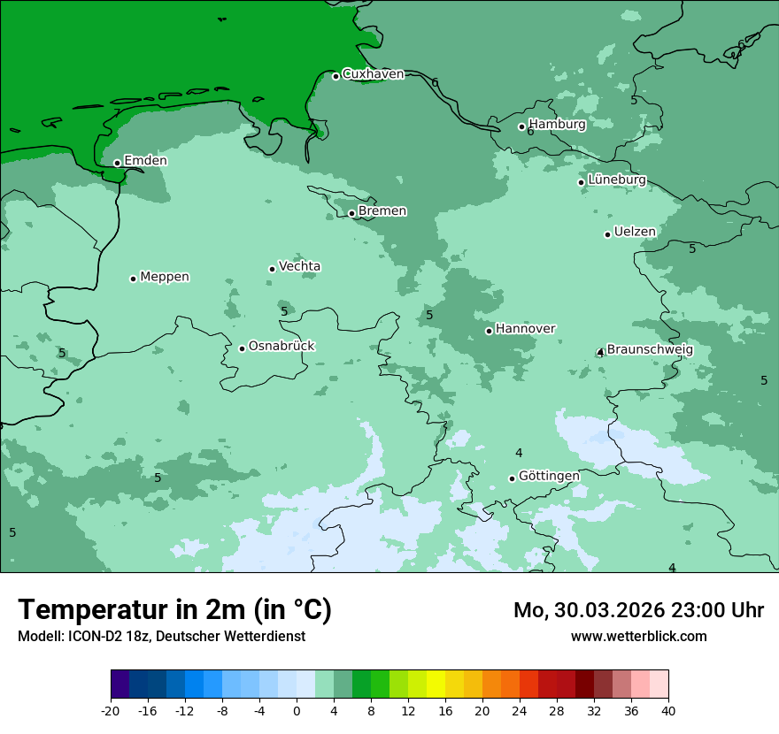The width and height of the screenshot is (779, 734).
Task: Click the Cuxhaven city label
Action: click(x=373, y=74)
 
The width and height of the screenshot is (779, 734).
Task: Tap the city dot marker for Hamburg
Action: click(x=521, y=126)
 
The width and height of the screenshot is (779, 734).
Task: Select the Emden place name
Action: click(x=145, y=161)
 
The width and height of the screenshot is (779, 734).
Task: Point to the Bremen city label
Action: click(x=382, y=211)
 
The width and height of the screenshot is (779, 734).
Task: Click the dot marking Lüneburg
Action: click(x=581, y=182)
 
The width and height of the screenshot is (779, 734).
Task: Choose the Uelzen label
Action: click(x=635, y=233)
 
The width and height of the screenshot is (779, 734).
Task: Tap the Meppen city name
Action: click(x=165, y=277)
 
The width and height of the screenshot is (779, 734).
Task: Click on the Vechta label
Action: click(x=299, y=266)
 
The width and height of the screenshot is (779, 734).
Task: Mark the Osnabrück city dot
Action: click(x=242, y=348)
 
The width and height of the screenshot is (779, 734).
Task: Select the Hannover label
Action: click(x=525, y=329)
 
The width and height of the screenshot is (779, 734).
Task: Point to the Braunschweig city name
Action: click(x=650, y=349)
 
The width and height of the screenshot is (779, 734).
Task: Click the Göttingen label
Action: click(x=549, y=476)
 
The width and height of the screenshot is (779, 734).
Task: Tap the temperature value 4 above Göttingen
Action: click(x=519, y=454)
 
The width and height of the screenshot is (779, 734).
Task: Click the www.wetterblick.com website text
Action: click(x=638, y=636)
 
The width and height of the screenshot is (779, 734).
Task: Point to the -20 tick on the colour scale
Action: click(x=111, y=710)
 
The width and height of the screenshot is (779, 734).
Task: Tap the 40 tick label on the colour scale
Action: click(x=668, y=710)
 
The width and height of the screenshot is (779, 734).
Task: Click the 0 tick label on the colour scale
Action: click(x=297, y=710)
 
